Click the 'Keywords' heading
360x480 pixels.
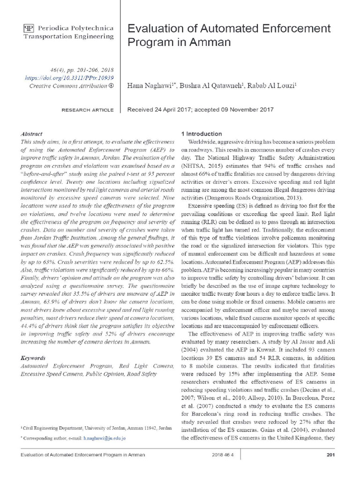[33, 358]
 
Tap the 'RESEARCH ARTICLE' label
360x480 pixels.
[88, 110]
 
